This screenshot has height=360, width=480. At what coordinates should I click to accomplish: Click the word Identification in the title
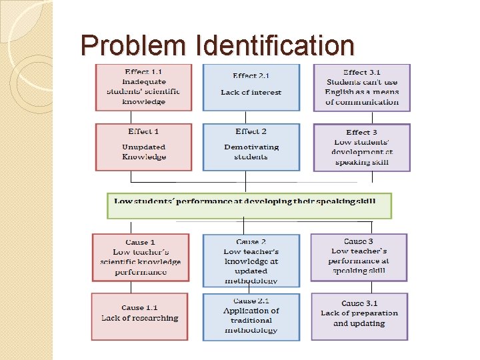point(275,46)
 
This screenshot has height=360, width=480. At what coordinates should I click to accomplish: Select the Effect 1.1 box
point(143,87)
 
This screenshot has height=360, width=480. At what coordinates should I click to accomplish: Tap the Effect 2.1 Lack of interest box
point(251,87)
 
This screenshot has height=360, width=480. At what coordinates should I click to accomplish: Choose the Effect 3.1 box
point(361,87)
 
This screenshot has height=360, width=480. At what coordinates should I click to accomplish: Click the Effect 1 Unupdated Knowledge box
point(143,147)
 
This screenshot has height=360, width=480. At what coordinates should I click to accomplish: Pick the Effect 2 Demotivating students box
point(251,147)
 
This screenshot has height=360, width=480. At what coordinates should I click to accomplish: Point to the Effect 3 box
point(361,147)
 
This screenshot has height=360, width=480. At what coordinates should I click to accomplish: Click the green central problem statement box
point(249,205)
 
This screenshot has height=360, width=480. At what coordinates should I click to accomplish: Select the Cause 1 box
point(140,257)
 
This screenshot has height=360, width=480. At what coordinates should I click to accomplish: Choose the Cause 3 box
point(359,257)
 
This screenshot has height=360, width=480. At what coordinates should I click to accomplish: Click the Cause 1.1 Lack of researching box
point(140,317)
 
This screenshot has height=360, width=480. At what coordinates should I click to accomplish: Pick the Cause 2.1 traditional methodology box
point(251,317)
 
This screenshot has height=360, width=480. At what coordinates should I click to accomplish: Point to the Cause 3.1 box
point(359,317)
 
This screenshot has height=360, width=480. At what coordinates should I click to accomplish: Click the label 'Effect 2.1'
point(251,76)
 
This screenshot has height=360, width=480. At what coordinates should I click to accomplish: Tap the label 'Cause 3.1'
point(361,303)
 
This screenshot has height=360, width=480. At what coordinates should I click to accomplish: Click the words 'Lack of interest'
point(251,93)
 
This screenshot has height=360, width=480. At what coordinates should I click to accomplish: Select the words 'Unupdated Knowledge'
point(143,152)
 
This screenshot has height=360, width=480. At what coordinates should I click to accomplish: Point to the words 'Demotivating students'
point(251,152)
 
